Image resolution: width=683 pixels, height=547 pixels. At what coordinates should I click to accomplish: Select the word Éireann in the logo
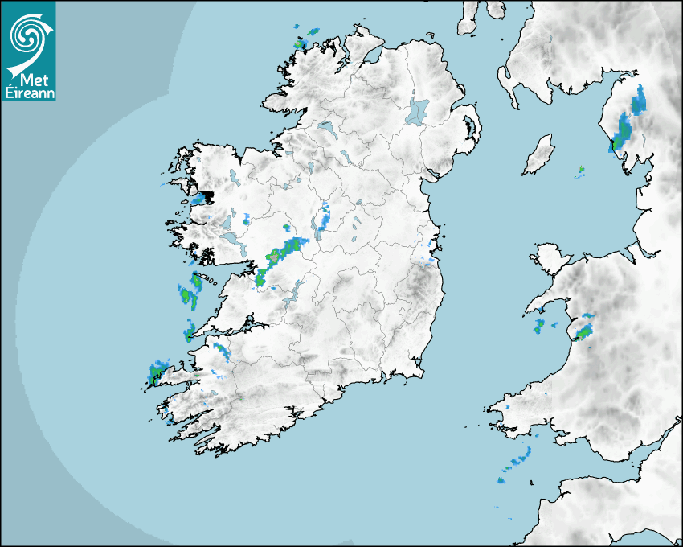(x=29, y=93)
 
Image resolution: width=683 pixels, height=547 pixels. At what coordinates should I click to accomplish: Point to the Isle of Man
(x=538, y=154)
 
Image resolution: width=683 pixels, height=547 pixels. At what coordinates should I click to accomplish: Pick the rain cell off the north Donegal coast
(x=304, y=38)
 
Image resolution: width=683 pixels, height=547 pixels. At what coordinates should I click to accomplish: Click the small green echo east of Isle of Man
(x=581, y=170)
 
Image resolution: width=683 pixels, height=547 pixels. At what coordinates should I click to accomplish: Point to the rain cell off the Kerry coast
(x=156, y=372)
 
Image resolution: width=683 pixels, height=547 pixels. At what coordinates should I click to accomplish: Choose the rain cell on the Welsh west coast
(x=584, y=330)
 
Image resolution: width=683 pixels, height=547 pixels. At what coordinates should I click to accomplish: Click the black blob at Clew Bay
(x=202, y=197)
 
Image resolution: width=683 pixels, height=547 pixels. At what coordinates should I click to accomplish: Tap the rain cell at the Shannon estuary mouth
(x=190, y=331)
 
